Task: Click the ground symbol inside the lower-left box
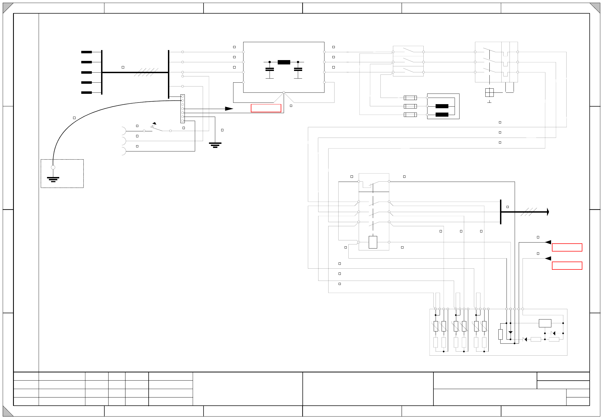point(53,179)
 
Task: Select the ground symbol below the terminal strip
point(215,145)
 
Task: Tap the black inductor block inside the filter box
point(284,62)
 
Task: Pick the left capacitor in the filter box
point(270,69)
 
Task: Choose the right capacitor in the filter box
point(298,69)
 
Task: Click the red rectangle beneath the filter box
point(266,108)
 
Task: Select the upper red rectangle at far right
point(567,247)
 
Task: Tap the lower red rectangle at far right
point(567,266)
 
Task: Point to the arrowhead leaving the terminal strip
point(229,109)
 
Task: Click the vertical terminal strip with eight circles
point(183,108)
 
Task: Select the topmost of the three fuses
point(410,98)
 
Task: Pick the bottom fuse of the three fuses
point(410,115)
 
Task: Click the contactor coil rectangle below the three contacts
point(373,242)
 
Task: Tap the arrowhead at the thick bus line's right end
point(548,212)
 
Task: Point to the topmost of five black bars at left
point(86,52)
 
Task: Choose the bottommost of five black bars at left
point(86,92)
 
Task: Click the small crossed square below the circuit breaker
point(489,92)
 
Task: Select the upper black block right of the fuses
point(442,106)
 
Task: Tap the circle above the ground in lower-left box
point(53,167)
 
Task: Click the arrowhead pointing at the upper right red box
point(548,242)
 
